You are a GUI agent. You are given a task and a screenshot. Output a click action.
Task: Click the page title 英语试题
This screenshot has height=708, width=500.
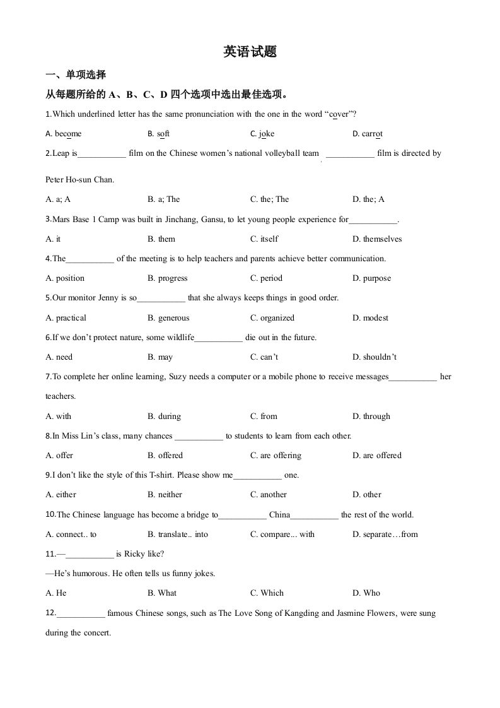point(250,52)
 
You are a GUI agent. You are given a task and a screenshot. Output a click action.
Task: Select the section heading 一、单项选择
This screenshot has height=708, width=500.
point(76,74)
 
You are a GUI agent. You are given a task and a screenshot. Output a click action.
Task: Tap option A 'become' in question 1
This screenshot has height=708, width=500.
point(64,134)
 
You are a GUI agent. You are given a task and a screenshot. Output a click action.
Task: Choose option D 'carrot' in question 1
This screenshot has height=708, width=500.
point(368,134)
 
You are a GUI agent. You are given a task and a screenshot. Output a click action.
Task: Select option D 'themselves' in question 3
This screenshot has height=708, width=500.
point(377,239)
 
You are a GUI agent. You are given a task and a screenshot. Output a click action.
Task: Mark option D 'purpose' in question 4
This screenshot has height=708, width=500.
point(371,278)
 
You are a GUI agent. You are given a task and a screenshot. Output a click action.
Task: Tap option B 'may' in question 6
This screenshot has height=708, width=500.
point(160,357)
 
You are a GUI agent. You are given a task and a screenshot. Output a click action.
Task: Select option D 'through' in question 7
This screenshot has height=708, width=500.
point(371,416)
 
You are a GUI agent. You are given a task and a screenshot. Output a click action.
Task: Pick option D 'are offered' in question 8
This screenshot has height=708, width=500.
point(377,456)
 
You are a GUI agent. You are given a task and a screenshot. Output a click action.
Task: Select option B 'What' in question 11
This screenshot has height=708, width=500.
point(162,593)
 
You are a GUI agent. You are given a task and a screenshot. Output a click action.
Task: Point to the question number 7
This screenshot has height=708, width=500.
point(48,377)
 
